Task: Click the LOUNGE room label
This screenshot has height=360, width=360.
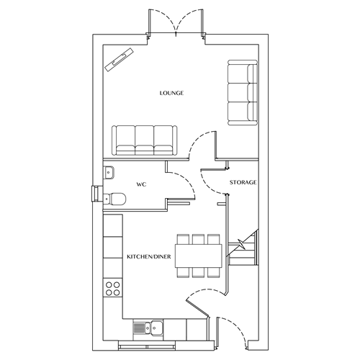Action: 172,94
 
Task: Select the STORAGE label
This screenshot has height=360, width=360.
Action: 243,184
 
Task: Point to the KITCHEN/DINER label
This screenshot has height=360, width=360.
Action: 148,257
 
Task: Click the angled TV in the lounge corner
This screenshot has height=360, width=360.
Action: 120,59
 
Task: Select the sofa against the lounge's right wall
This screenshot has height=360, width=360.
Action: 241,94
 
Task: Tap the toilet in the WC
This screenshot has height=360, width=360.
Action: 116,198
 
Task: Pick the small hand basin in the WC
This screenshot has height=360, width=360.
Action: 109,171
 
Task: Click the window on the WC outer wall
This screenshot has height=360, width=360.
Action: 95,194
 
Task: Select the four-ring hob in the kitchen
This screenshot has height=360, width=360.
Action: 112,289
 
